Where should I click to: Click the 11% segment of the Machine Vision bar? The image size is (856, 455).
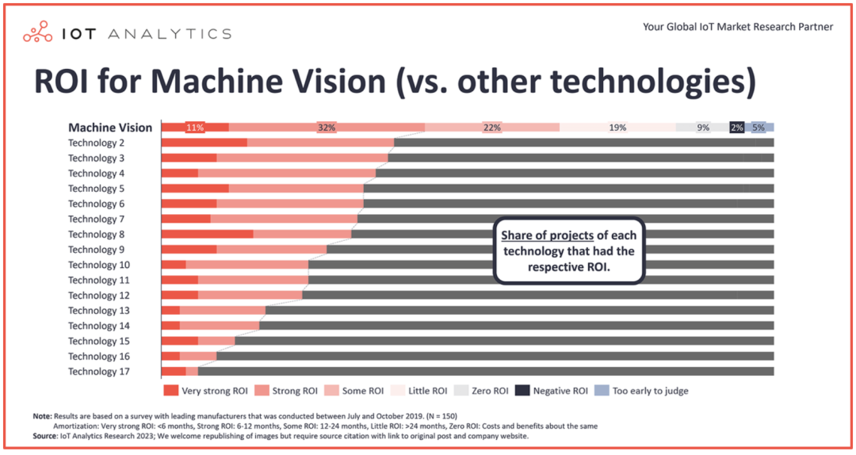195,128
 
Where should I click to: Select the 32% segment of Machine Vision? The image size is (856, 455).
327,128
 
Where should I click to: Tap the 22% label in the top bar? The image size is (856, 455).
492,128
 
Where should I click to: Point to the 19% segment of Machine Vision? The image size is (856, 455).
617,128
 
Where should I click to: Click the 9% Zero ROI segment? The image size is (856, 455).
703,128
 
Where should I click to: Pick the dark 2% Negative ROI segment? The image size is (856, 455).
737,128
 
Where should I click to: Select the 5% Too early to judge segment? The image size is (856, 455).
759,128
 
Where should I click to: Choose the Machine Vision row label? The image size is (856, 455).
110,128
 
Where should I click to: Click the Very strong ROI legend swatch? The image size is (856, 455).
170,391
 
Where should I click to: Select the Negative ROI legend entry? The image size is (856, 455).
552,391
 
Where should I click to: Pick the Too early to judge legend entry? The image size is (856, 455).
642,391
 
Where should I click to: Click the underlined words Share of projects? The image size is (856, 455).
547,235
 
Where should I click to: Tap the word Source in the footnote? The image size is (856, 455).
44,436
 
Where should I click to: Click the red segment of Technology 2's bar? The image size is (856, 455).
204,143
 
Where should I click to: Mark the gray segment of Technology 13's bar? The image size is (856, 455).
519,311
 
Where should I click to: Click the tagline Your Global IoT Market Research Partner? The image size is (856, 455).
738,27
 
